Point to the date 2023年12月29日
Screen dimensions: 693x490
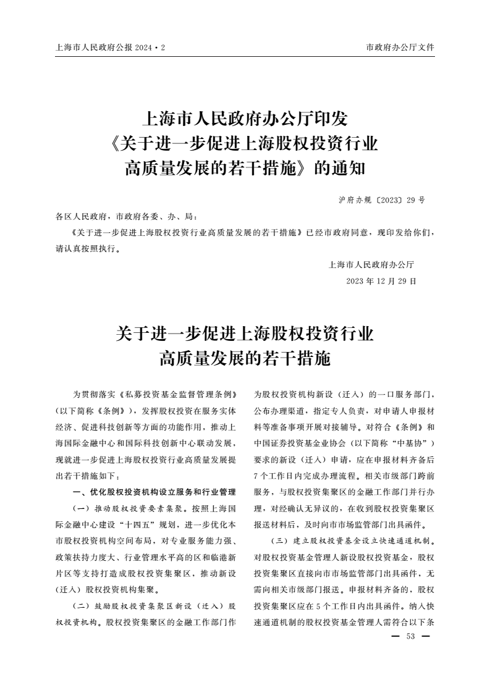pyautogui.click(x=381, y=280)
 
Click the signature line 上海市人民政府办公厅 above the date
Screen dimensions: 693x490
pyautogui.click(x=371, y=265)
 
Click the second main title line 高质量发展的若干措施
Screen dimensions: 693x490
pyautogui.click(x=245, y=358)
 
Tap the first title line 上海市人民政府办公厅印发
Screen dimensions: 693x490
pyautogui.click(x=245, y=118)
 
